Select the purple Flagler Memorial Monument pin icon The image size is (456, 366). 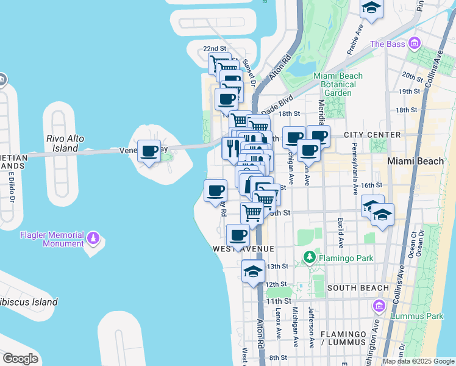pyautogui.click(x=93, y=237)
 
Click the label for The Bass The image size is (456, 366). pyautogui.click(x=387, y=44)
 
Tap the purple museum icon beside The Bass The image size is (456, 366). pyautogui.click(x=415, y=43)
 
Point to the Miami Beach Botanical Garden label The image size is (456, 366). pyautogui.click(x=338, y=84)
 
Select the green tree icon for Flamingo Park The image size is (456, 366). pyautogui.click(x=310, y=258)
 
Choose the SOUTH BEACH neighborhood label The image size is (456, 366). pyautogui.click(x=358, y=287)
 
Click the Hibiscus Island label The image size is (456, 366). pyautogui.click(x=29, y=302)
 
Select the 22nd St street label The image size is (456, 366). pyautogui.click(x=214, y=48)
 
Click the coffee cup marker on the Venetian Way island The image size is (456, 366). pyautogui.click(x=149, y=151)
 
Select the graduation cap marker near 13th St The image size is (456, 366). pyautogui.click(x=253, y=272)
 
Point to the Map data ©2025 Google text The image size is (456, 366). pyautogui.click(x=418, y=361)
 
